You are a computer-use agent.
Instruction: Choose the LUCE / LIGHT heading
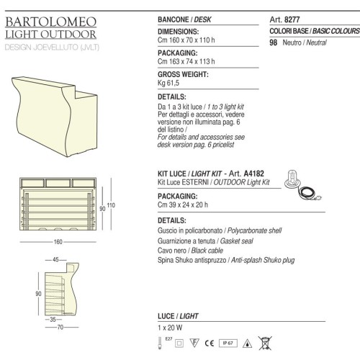click(177, 316)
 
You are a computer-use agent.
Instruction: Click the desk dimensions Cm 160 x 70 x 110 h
click(189, 42)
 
